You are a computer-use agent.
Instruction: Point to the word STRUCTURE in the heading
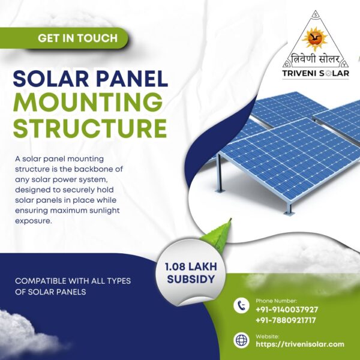pyautogui.click(x=90, y=128)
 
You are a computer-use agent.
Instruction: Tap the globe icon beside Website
pyautogui.click(x=241, y=340)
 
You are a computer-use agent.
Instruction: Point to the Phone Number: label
pyautogui.click(x=276, y=300)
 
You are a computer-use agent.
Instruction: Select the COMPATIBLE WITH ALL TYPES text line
pyautogui.click(x=73, y=281)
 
